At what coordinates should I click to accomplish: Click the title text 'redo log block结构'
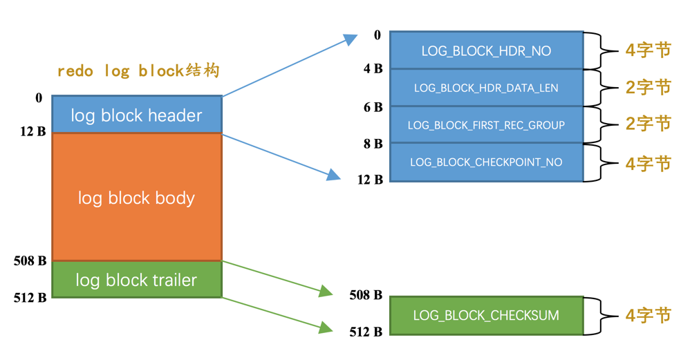tap(138, 71)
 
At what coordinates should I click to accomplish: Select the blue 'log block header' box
tap(136, 115)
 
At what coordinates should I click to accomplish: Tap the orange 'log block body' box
tap(136, 198)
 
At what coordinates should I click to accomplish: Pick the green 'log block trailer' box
tap(136, 280)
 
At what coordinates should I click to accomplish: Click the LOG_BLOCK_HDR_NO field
tap(486, 51)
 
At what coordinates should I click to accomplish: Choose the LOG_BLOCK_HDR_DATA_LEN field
tap(486, 88)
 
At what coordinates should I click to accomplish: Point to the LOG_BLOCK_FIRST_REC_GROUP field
tap(486, 125)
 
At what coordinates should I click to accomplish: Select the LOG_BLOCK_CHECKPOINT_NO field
tap(486, 162)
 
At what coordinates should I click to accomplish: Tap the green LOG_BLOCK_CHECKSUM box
tap(486, 316)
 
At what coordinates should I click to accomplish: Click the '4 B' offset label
tap(373, 69)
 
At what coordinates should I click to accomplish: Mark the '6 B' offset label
tap(373, 107)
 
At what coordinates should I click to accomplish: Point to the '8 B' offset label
tap(373, 144)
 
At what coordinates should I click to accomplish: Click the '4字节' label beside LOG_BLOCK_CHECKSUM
tap(648, 316)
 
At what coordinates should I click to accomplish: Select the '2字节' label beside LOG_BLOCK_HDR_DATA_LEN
tap(648, 88)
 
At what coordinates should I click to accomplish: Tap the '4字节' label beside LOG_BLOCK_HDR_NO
tap(648, 51)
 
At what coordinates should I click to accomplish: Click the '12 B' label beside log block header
tap(32, 131)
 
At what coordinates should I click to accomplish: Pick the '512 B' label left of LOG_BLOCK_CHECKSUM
tap(366, 332)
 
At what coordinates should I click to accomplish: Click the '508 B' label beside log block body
tap(30, 261)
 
